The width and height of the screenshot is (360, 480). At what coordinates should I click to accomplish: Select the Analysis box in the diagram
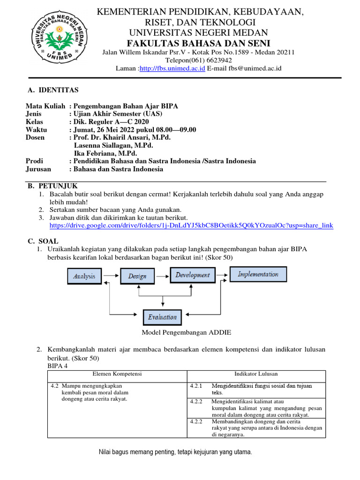pyautogui.click(x=84, y=276)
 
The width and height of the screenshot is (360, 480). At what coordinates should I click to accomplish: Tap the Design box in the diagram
pyautogui.click(x=137, y=276)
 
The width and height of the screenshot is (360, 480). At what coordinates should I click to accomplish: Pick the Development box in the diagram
pyautogui.click(x=193, y=275)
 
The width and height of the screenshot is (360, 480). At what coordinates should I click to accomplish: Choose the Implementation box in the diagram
pyautogui.click(x=258, y=274)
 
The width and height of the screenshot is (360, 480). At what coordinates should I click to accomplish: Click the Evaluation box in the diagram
pyautogui.click(x=162, y=317)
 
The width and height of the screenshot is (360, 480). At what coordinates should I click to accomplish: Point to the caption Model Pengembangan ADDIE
pyautogui.click(x=186, y=333)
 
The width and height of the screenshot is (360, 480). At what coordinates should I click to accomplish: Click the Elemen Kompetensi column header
pyautogui.click(x=117, y=374)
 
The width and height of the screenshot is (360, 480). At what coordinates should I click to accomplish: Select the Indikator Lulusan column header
pyautogui.click(x=256, y=374)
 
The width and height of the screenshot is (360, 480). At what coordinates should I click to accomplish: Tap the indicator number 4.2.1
pyautogui.click(x=196, y=386)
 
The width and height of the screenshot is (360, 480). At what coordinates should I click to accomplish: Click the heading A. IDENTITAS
pyautogui.click(x=53, y=90)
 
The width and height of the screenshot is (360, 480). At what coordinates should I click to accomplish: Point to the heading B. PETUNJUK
pyautogui.click(x=52, y=186)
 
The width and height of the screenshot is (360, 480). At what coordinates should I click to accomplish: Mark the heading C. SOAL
pyautogui.click(x=43, y=241)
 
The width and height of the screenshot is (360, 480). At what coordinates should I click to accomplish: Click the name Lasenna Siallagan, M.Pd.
pyautogui.click(x=113, y=145)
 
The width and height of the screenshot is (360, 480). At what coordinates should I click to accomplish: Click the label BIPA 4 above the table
pyautogui.click(x=58, y=366)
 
